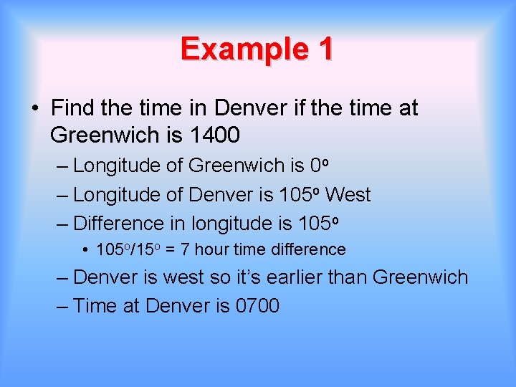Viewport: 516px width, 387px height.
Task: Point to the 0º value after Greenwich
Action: tap(320, 166)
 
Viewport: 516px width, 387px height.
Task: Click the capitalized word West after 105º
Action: tap(348, 194)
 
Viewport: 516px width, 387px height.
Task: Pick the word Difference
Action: tap(119, 224)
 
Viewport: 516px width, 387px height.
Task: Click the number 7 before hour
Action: tap(186, 249)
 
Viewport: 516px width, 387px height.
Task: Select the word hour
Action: tap(209, 249)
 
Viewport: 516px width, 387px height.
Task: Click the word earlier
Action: tap(288, 277)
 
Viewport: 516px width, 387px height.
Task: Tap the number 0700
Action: tap(257, 306)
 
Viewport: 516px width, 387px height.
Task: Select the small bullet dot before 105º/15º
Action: tap(85, 250)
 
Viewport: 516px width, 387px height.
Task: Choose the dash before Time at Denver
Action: tap(62, 306)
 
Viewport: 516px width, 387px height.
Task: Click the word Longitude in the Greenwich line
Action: tap(117, 166)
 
